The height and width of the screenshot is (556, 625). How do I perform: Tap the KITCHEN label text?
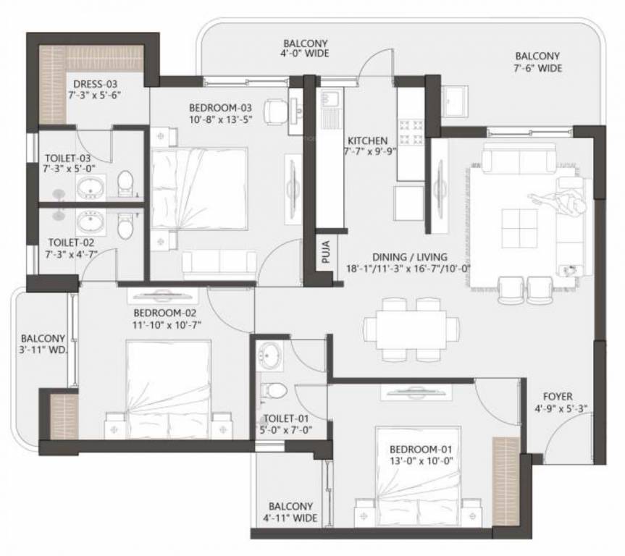click(x=367, y=140)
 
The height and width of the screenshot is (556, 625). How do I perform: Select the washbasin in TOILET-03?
click(x=91, y=188)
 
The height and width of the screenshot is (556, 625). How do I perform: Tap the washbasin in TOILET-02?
click(x=91, y=220)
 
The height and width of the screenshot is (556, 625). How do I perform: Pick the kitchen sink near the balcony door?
click(x=330, y=109)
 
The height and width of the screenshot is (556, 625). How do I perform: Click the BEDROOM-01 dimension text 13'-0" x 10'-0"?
click(x=410, y=459)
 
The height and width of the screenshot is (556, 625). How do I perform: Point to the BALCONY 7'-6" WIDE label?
click(x=538, y=62)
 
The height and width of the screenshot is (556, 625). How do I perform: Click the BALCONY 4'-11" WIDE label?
click(x=290, y=513)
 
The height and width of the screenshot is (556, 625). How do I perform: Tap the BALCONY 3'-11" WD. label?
click(x=43, y=344)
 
